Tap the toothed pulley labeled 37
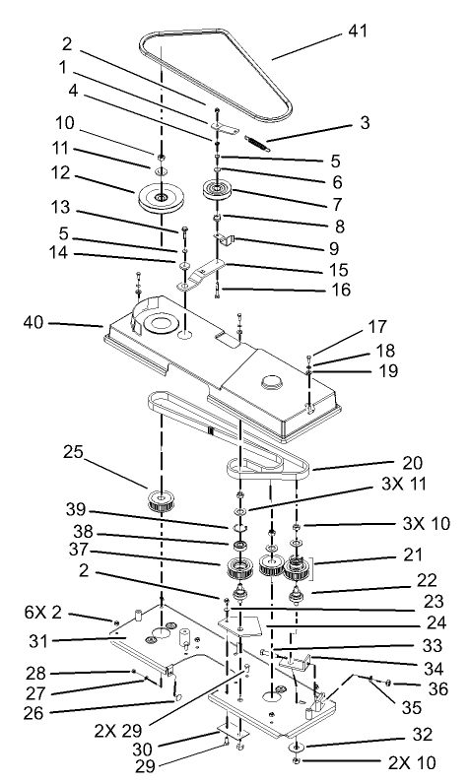pos(238,569)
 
